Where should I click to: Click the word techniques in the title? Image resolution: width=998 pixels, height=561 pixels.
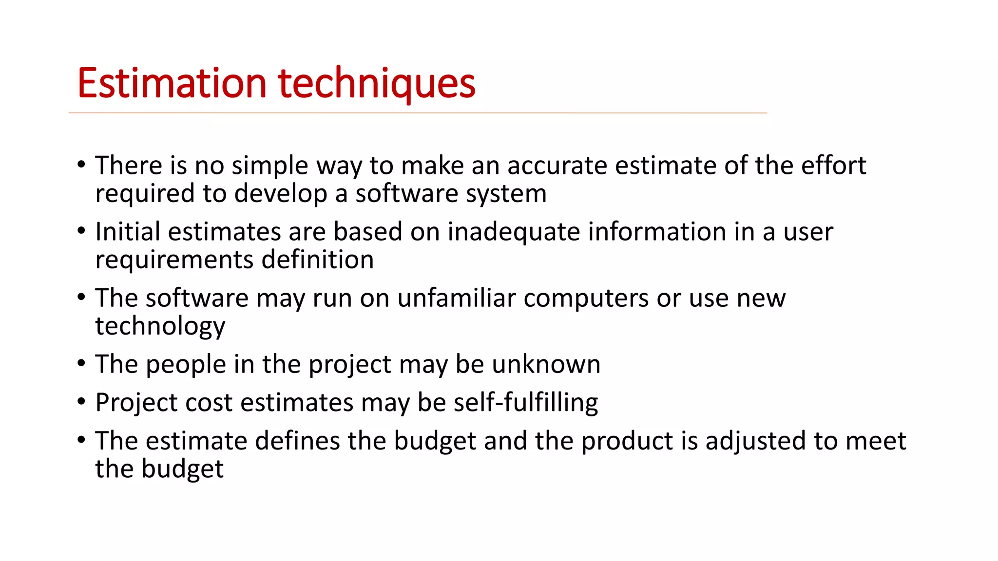(x=376, y=83)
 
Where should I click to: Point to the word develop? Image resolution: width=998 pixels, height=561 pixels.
(x=281, y=194)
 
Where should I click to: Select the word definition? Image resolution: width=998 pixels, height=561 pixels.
(x=317, y=260)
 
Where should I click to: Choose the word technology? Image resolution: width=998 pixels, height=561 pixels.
(x=160, y=326)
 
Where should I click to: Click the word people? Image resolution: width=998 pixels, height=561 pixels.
(x=186, y=364)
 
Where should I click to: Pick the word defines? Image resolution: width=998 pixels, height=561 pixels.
(x=297, y=441)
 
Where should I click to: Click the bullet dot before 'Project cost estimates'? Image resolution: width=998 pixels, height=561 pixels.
(x=81, y=402)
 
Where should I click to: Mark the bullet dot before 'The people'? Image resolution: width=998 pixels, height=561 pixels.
(x=81, y=363)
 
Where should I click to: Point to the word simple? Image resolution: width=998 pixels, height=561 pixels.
(x=269, y=166)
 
